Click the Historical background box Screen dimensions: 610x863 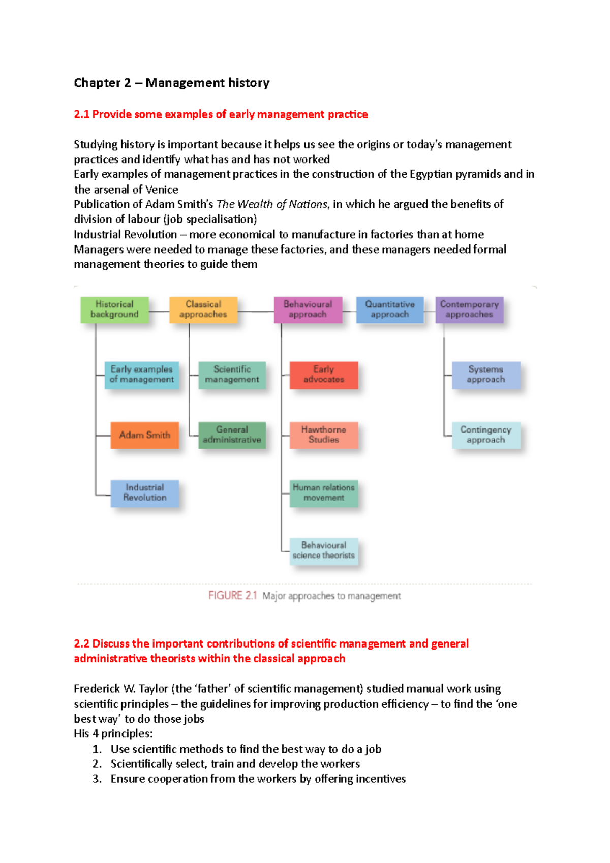pos(114,310)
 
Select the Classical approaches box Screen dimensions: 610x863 pos(203,310)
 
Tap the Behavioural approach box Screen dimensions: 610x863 pos(308,310)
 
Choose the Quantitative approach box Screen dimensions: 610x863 pos(390,310)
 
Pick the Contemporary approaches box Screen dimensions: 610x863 pos(469,310)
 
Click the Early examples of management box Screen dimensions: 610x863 pos(142,375)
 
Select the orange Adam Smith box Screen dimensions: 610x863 pos(144,435)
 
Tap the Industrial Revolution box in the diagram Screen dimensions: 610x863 pos(144,492)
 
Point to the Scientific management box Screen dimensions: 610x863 pos(232,375)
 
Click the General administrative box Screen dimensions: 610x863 pos(232,435)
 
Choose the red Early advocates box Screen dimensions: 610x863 pos(324,375)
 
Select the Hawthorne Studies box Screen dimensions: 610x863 pos(324,435)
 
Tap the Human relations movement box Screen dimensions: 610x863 pos(324,492)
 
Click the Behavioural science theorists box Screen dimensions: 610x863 pos(324,550)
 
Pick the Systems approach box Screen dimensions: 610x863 pos(486,375)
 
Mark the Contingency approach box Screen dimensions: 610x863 pos(486,435)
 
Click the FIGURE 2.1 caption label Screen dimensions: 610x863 pos(233,596)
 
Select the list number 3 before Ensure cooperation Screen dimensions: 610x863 pos(97,779)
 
